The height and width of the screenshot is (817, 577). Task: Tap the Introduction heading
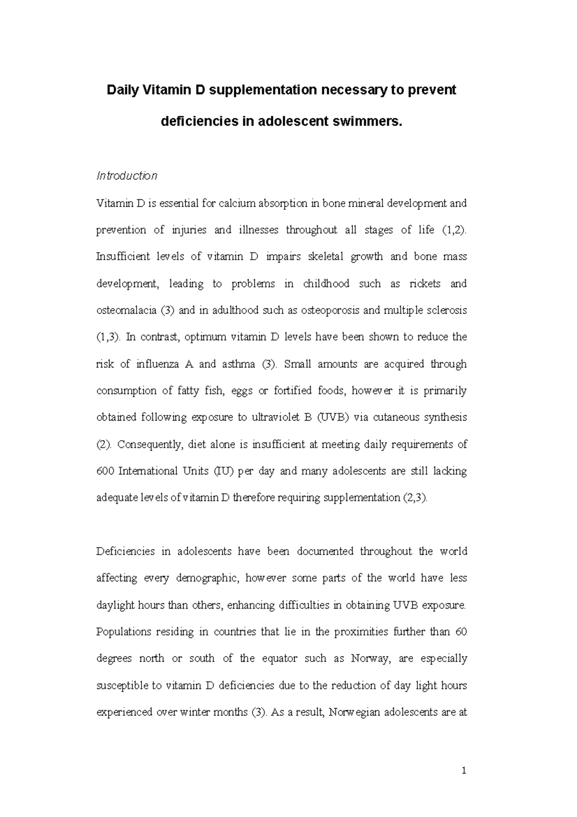[127, 176]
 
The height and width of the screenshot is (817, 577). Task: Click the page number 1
[464, 771]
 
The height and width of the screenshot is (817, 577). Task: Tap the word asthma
[238, 364]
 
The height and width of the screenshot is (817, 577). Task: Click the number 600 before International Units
[105, 471]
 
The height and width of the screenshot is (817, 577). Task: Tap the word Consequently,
[150, 445]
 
